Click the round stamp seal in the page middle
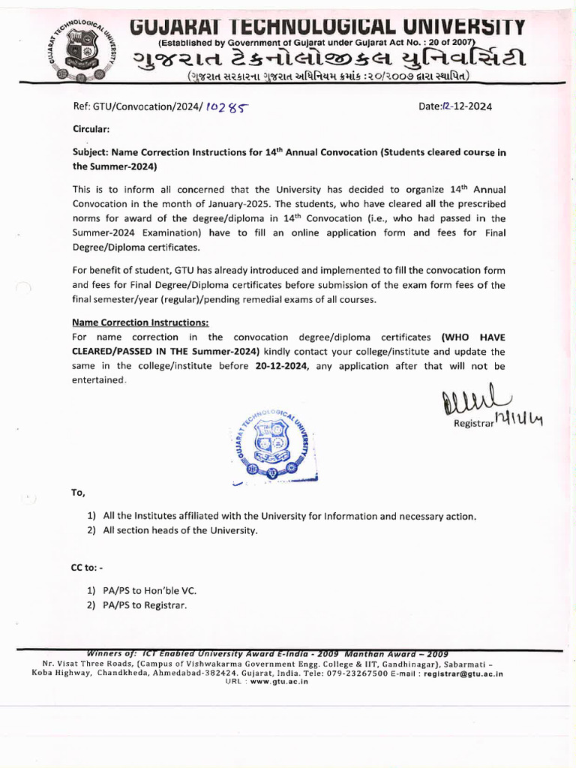coord(271,447)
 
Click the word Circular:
coord(91,129)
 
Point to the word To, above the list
coord(79,493)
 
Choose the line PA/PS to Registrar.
coord(145,605)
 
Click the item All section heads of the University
coord(180,530)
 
